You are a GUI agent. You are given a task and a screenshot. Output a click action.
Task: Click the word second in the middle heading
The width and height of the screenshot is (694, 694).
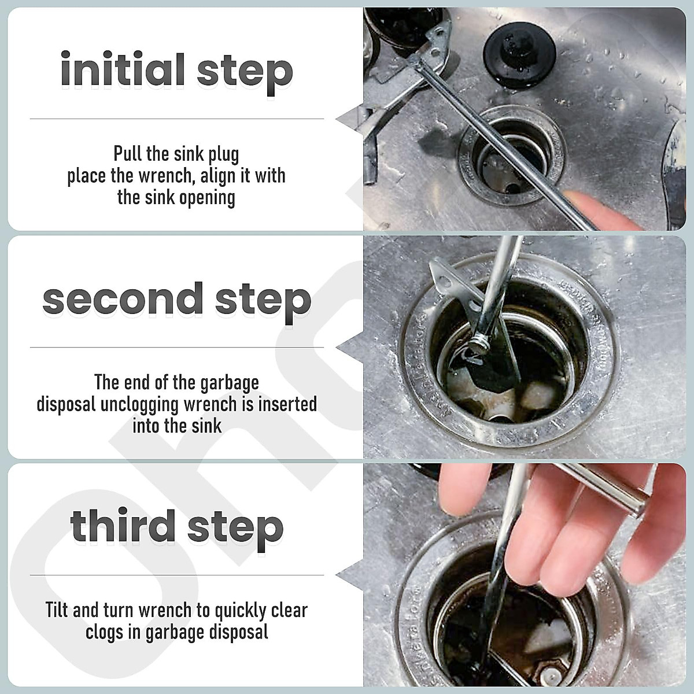[x=122, y=299]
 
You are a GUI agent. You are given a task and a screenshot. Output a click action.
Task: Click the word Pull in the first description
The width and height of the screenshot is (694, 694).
[x=127, y=154]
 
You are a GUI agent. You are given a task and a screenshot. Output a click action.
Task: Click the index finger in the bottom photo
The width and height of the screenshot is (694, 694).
[x=463, y=492]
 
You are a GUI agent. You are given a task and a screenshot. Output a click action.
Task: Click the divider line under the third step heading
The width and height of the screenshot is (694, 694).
[x=176, y=575]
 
